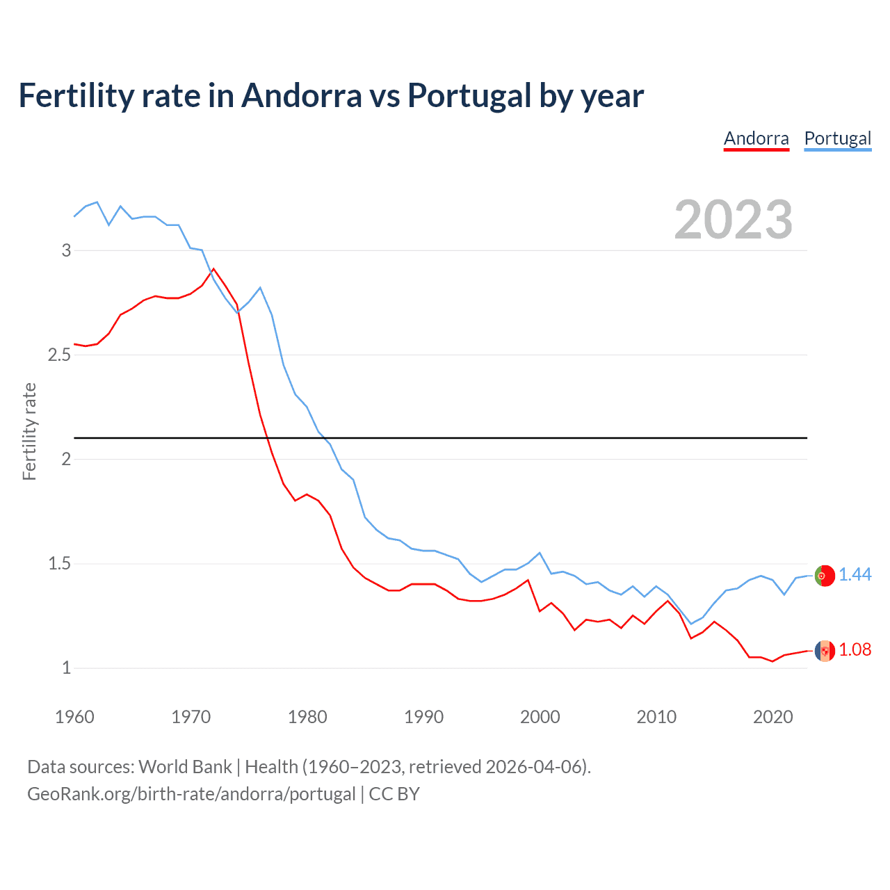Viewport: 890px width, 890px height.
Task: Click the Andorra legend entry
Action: click(x=756, y=138)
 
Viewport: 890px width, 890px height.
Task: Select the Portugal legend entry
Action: click(x=837, y=138)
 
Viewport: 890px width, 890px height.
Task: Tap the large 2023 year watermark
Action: click(x=733, y=220)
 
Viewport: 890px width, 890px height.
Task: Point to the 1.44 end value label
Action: click(x=855, y=574)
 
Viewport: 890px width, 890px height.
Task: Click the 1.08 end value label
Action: click(x=855, y=649)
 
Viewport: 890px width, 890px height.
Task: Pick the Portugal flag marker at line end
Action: click(x=825, y=576)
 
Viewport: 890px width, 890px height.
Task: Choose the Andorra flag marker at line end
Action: click(x=825, y=651)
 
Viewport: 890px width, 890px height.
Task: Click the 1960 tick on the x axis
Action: click(x=74, y=717)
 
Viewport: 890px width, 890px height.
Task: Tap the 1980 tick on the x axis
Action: click(x=307, y=717)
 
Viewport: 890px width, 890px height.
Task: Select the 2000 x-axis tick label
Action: click(x=540, y=717)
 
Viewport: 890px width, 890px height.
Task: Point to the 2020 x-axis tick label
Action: click(x=772, y=717)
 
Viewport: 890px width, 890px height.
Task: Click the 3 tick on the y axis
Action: click(x=67, y=250)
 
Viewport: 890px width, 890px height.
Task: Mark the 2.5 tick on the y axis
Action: click(x=60, y=355)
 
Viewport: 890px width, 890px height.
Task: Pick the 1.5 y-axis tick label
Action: click(x=60, y=564)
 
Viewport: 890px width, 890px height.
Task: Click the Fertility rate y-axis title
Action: click(x=29, y=431)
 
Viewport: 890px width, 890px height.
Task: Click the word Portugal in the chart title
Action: click(x=469, y=95)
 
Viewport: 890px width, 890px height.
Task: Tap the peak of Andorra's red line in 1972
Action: click(x=213, y=269)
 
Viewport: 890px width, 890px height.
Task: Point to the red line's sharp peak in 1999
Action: click(x=528, y=580)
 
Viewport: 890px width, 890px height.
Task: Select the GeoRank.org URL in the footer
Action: click(x=191, y=794)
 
